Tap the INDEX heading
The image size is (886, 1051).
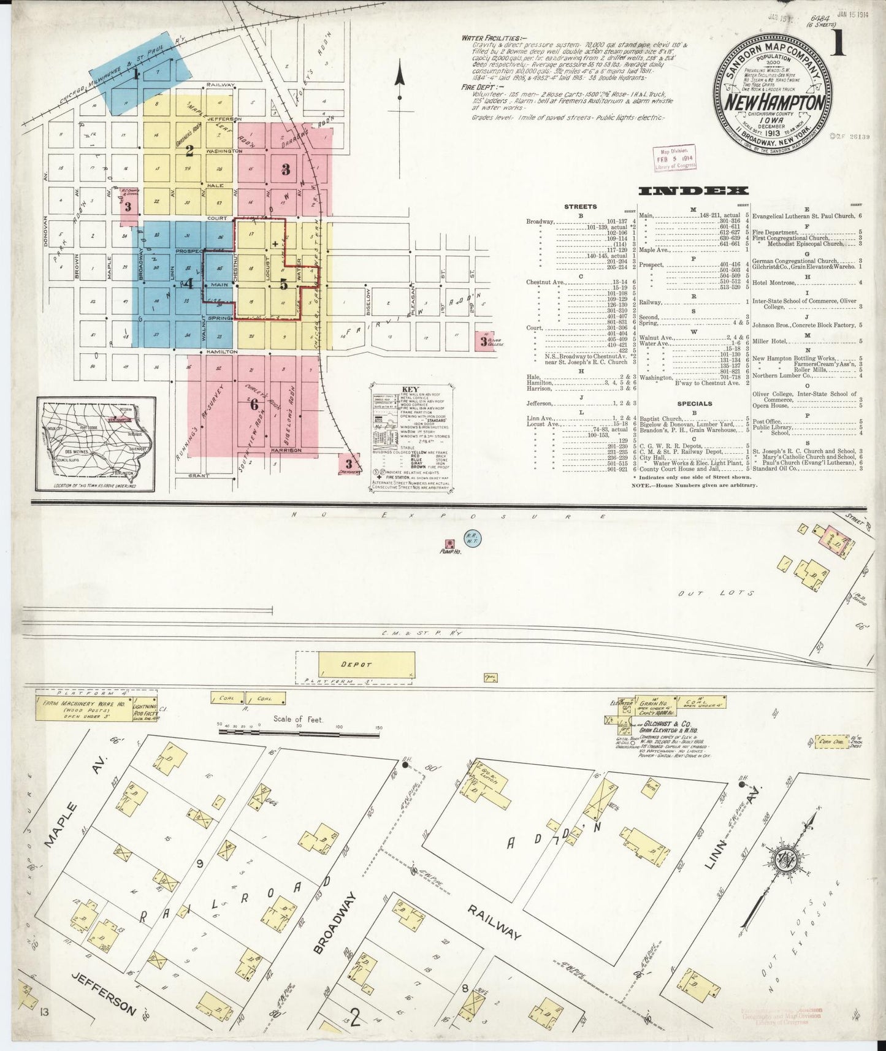click(x=693, y=191)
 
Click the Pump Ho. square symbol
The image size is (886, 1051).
click(x=450, y=543)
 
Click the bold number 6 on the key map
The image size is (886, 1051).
click(x=254, y=405)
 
